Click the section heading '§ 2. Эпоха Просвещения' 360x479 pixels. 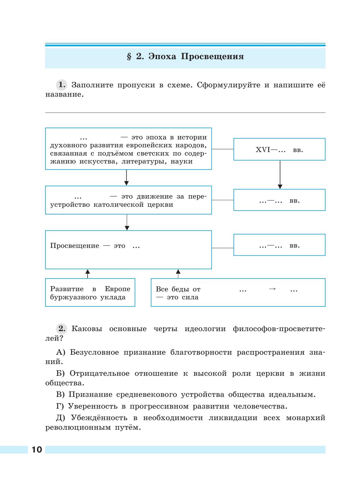pos(185,57)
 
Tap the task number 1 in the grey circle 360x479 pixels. pos(62,85)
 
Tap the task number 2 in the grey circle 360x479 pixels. pos(62,329)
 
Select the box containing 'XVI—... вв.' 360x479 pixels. pos(279,149)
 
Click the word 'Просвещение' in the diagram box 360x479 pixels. pos(74,246)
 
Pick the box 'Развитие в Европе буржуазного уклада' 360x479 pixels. pos(90,293)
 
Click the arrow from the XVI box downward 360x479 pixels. pos(280,174)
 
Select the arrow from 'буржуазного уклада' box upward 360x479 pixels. pos(88,273)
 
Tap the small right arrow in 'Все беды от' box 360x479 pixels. pos(272,289)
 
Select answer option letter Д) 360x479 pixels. pos(61,418)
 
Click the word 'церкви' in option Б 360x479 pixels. pos(270,374)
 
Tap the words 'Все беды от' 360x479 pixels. pos(178,289)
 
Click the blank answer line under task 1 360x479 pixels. pos(185,112)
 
